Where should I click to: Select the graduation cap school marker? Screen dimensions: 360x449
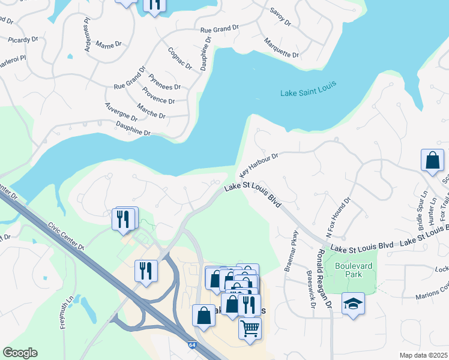pyautogui.click(x=353, y=304)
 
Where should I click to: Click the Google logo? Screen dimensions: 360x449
pyautogui.click(x=20, y=353)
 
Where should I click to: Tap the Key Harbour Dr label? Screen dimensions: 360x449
pyautogui.click(x=259, y=164)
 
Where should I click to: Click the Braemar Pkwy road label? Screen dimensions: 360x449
pyautogui.click(x=293, y=247)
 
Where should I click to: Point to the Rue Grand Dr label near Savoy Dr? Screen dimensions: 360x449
pyautogui.click(x=220, y=29)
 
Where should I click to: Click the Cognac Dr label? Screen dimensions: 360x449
pyautogui.click(x=179, y=58)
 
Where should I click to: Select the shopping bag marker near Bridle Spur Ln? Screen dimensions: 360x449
pyautogui.click(x=432, y=160)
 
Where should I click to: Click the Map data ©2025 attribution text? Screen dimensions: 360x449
pyautogui.click(x=424, y=355)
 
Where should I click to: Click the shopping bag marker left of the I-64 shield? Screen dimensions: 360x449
pyautogui.click(x=203, y=316)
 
